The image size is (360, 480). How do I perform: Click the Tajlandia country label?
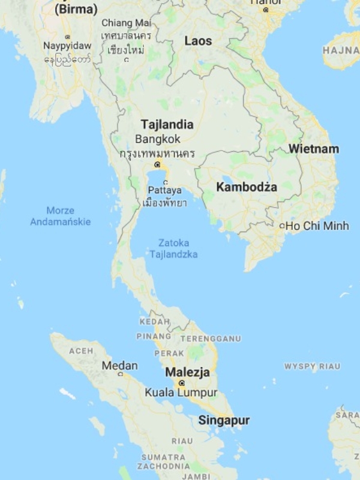click(x=167, y=125)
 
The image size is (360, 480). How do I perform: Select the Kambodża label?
click(x=247, y=187)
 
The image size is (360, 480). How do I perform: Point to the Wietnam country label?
click(x=313, y=149)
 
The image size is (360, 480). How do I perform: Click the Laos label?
click(x=198, y=41)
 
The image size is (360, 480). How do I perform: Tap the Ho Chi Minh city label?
click(x=317, y=226)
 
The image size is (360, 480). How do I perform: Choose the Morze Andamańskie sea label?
click(x=61, y=216)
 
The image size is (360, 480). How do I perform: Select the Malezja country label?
click(x=188, y=372)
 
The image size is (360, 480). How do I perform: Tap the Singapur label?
click(x=224, y=420)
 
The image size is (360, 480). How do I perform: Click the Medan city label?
click(x=119, y=365)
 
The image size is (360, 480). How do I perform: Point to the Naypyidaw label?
click(x=67, y=46)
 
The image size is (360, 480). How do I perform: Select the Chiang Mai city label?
click(x=126, y=23)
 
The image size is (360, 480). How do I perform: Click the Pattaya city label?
click(x=164, y=190)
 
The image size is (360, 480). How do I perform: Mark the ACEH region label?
click(x=81, y=350)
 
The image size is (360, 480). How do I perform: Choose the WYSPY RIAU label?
click(x=312, y=366)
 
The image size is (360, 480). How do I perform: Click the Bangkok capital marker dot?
click(x=157, y=164)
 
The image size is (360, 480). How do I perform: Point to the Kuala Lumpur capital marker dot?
click(x=182, y=383)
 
